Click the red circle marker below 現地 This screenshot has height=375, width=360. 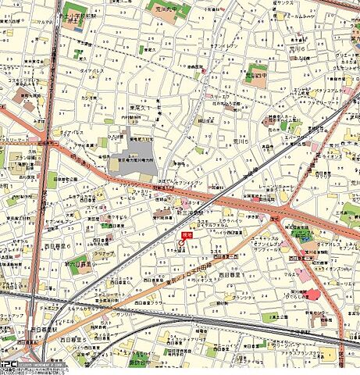pos(183,243)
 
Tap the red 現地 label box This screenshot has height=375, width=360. pos(187,234)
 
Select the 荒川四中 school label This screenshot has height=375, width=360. pos(258,76)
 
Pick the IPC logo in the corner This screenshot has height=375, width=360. pos(9,365)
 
